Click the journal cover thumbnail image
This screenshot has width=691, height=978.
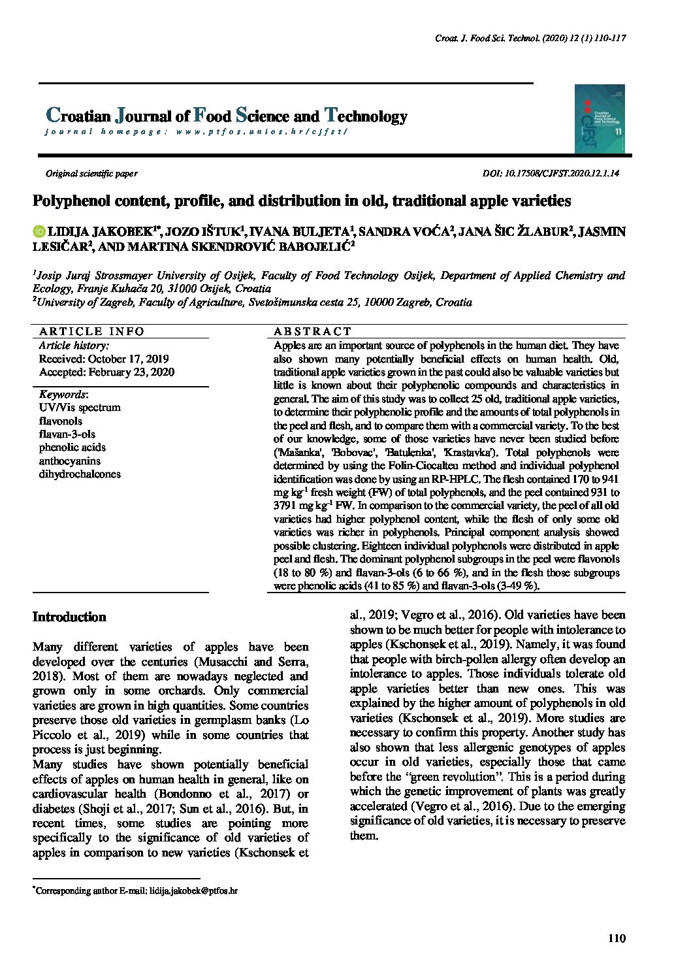click(x=600, y=119)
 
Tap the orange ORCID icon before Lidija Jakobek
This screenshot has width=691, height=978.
click(x=39, y=232)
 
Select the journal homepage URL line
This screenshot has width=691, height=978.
click(x=196, y=132)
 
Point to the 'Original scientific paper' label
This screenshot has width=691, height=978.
click(x=91, y=174)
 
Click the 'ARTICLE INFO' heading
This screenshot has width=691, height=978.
click(x=91, y=332)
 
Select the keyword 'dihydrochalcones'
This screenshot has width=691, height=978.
click(x=80, y=474)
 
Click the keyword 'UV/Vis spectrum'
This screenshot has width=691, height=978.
click(x=80, y=408)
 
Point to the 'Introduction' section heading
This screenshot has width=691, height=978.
click(x=69, y=617)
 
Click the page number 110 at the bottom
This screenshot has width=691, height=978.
click(x=616, y=939)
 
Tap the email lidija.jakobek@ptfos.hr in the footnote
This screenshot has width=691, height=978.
click(x=193, y=890)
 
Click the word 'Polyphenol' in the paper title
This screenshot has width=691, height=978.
click(x=69, y=201)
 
